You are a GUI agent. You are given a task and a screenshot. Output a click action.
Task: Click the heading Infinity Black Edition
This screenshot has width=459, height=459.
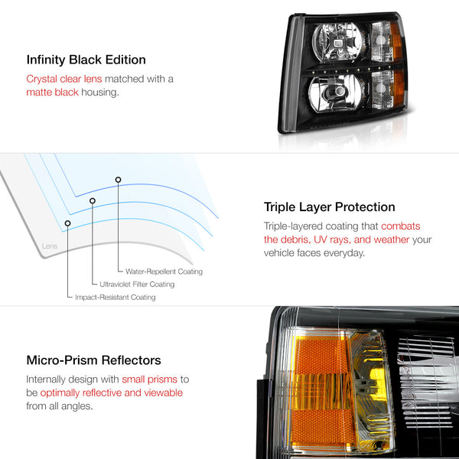point(86,60)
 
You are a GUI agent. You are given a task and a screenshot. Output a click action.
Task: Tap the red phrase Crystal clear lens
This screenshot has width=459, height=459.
point(64,79)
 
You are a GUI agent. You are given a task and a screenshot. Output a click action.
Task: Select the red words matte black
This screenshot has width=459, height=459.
point(52,93)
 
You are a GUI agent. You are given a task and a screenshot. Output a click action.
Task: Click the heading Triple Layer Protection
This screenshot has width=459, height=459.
point(329,207)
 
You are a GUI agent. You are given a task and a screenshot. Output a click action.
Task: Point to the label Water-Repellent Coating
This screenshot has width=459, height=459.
point(164,272)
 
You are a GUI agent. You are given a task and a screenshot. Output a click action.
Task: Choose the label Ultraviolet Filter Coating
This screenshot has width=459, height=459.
point(137,285)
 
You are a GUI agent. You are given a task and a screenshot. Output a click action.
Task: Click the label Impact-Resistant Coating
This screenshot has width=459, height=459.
point(116,297)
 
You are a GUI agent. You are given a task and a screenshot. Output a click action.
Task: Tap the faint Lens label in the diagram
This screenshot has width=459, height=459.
point(50,246)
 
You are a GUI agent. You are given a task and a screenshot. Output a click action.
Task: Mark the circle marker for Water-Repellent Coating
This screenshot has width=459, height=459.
point(118,180)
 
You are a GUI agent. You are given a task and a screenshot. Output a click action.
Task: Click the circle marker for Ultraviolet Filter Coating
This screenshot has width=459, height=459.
point(93,200)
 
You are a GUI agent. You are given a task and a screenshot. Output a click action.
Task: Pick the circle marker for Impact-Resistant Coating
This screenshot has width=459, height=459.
point(67,223)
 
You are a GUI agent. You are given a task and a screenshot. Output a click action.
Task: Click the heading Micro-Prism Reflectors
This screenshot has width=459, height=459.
point(93,360)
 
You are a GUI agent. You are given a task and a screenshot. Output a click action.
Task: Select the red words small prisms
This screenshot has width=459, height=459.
point(150,379)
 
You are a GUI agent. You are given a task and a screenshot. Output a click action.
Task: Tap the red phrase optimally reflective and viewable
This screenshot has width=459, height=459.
point(112,393)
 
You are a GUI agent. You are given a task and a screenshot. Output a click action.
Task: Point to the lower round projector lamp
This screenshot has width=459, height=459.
point(336,93)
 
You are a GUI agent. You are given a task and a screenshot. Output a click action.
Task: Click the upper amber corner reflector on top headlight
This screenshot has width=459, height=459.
point(396,41)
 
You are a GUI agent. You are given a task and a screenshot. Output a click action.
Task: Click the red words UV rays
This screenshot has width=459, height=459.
point(332,239)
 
